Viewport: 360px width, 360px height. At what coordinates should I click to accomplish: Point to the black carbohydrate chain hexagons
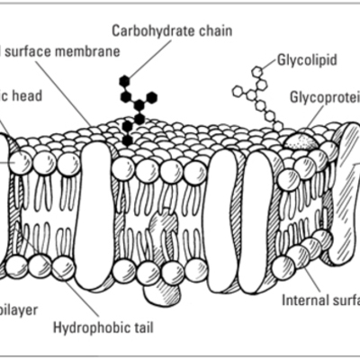pos(135,106)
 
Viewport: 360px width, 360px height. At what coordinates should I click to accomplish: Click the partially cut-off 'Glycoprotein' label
pos(324,96)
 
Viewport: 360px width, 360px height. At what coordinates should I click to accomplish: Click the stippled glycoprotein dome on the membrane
pos(301,139)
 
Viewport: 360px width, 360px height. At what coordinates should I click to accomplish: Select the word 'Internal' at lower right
pos(305,300)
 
